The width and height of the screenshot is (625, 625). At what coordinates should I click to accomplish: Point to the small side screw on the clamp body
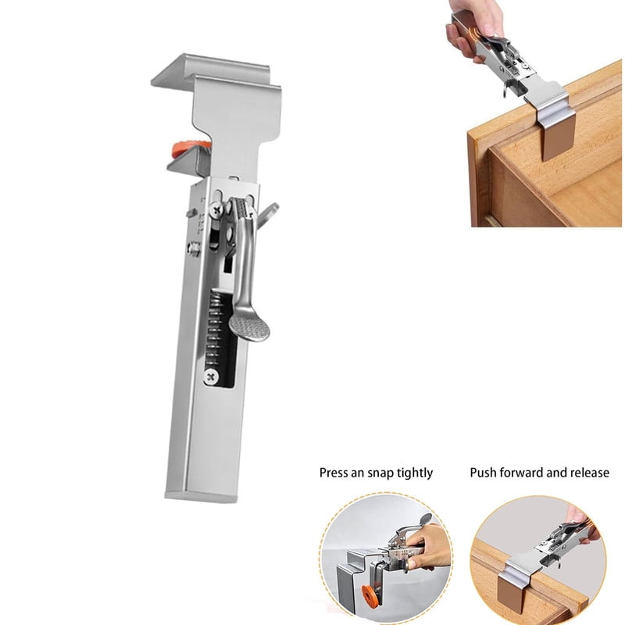[x=192, y=249]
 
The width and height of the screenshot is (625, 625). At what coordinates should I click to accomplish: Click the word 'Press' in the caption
[x=334, y=473]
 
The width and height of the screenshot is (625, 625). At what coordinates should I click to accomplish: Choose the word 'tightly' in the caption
[x=416, y=473]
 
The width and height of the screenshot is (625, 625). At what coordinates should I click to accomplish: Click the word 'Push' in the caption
[x=483, y=473]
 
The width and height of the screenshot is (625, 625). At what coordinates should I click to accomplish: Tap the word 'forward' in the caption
[x=523, y=473]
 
